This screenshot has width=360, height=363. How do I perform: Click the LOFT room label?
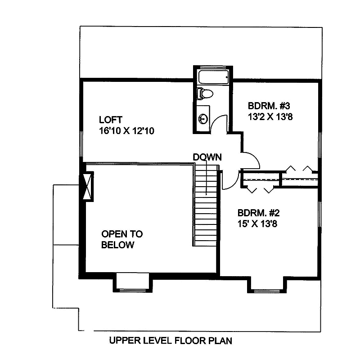click(111, 120)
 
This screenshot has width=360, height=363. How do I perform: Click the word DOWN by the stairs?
click(207, 157)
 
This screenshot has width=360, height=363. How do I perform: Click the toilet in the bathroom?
click(205, 94)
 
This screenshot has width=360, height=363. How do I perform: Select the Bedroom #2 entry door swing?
click(229, 180)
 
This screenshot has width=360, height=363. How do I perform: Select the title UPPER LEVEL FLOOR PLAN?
click(171, 341)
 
